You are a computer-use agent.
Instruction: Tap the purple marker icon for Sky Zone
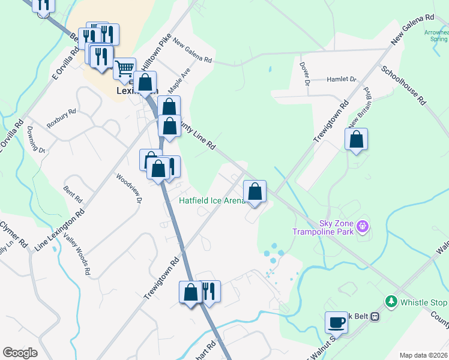tap(361, 227)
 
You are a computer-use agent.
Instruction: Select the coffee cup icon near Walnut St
tap(336, 322)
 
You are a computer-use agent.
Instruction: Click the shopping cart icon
tap(124, 68)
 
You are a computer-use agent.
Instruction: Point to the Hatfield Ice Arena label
tap(211, 200)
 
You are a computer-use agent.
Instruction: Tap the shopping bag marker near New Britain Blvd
tap(357, 139)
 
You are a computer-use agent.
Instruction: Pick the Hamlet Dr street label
tap(341, 79)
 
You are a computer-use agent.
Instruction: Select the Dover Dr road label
tap(306, 73)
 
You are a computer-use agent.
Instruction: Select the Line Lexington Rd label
tap(59, 231)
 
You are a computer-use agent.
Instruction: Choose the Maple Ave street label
tap(179, 79)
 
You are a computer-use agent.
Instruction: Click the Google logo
tap(20, 353)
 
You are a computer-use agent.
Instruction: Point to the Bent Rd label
tap(73, 196)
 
